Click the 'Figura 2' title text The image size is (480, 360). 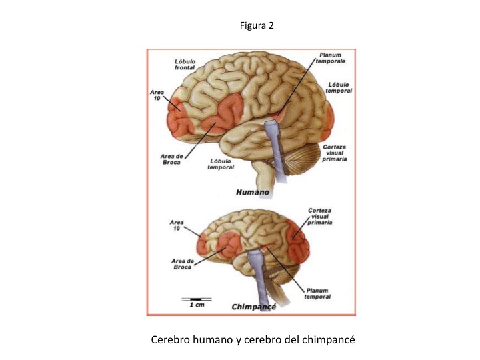pyautogui.click(x=257, y=25)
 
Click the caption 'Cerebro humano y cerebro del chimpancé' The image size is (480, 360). pyautogui.click(x=253, y=340)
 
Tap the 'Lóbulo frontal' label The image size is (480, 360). pyautogui.click(x=185, y=65)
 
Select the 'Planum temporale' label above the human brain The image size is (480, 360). pyautogui.click(x=331, y=58)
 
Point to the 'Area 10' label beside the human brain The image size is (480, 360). pyautogui.click(x=157, y=95)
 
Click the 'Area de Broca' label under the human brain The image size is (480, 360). pyautogui.click(x=171, y=159)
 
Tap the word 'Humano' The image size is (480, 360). pyautogui.click(x=253, y=192)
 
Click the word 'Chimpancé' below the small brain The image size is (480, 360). pyautogui.click(x=254, y=307)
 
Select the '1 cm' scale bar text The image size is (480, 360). pyautogui.click(x=197, y=305)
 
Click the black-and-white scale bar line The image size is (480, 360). pyautogui.click(x=197, y=299)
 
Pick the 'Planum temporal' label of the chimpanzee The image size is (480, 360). pyautogui.click(x=317, y=293)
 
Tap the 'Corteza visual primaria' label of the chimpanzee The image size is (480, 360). pyautogui.click(x=319, y=217)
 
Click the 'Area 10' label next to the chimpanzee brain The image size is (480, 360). pyautogui.click(x=177, y=225)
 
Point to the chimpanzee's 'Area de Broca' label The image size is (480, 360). pyautogui.click(x=183, y=264)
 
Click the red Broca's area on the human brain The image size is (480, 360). pyautogui.click(x=225, y=114)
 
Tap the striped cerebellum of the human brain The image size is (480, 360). pyautogui.click(x=301, y=159)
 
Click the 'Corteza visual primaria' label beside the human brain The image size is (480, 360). pyautogui.click(x=334, y=153)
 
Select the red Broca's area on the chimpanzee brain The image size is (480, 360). pyautogui.click(x=228, y=244)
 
